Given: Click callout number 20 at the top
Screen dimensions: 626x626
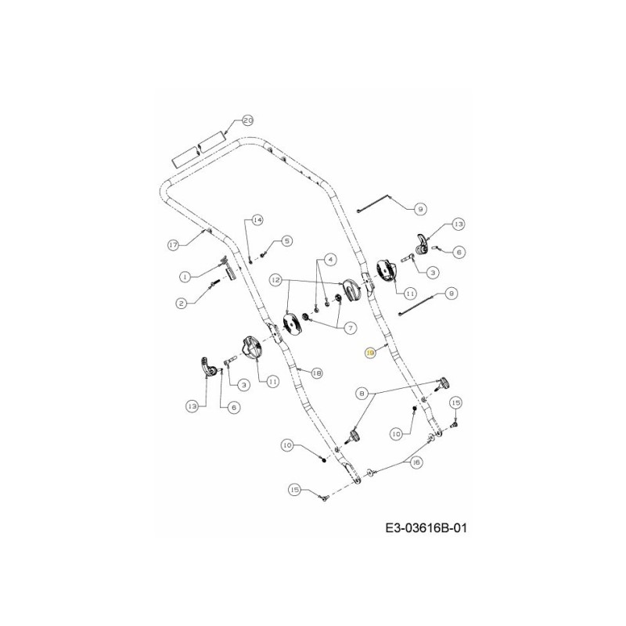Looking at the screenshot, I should point(247,121).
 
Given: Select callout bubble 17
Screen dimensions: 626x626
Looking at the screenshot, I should point(174,245).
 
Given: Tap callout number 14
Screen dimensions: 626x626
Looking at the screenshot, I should point(257,220).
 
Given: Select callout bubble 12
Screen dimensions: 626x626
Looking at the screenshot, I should point(275,279).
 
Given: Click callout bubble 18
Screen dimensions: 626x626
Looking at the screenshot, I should point(317,373).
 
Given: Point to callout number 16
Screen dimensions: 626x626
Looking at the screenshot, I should point(416,462).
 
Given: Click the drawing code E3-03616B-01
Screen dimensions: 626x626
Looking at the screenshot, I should point(426,528).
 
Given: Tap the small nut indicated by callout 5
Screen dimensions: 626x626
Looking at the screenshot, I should point(264,252).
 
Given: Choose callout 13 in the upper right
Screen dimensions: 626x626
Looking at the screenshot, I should point(458,224).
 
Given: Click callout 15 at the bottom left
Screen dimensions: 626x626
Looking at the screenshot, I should point(295,490).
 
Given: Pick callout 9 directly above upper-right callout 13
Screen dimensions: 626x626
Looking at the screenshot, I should point(419,209).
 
